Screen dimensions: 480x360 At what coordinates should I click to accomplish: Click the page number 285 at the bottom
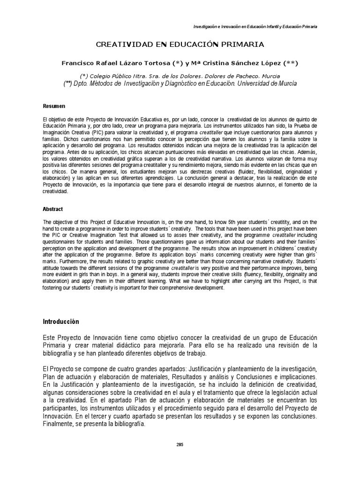180,445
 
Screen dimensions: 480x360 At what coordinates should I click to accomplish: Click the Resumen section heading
54,106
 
